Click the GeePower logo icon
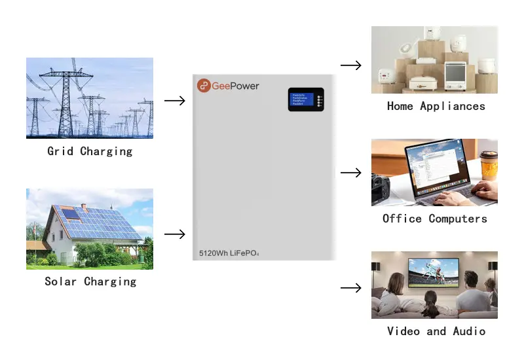coord(204,86)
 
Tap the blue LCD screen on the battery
coord(301,99)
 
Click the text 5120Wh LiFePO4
coord(234,252)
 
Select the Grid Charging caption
coord(90,151)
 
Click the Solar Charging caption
coord(90,281)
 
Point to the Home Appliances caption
coord(436,106)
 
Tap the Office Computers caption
coord(435,219)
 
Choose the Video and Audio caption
coord(436,331)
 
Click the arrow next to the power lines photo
coord(175,101)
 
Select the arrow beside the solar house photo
coord(175,234)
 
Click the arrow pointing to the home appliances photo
coord(351,65)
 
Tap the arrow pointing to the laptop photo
coord(351,173)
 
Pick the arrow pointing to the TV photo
coord(351,287)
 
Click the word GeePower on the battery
coord(235,86)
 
